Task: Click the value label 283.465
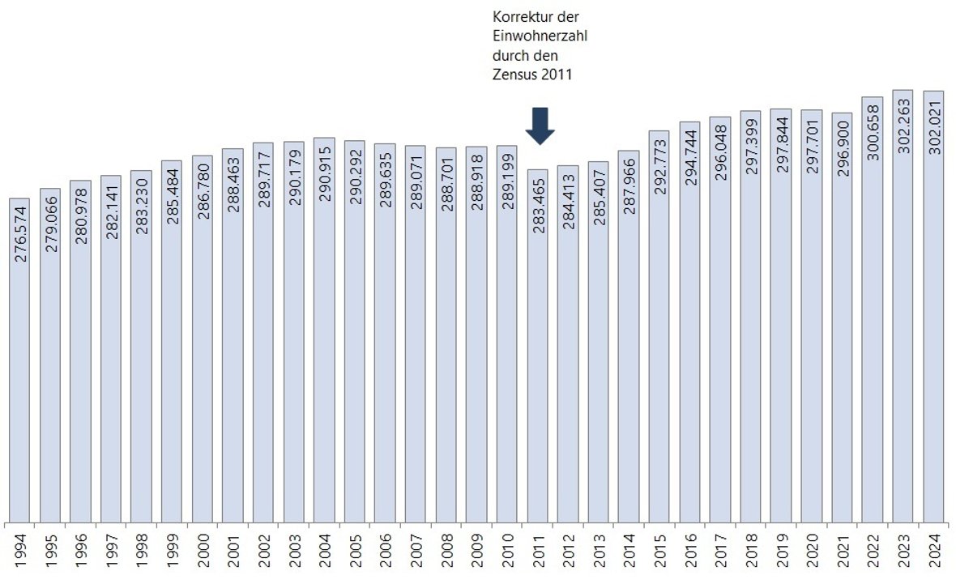(538, 206)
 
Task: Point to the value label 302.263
(903, 126)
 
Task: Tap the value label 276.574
(19, 235)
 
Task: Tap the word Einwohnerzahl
(540, 36)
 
